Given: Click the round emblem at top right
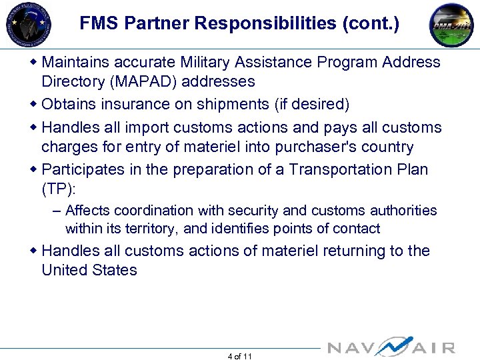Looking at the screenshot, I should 451,25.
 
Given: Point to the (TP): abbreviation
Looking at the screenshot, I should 59,189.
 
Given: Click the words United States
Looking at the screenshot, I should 89,271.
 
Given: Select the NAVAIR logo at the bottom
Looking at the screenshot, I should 391,347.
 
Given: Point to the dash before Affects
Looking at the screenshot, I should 57,211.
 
